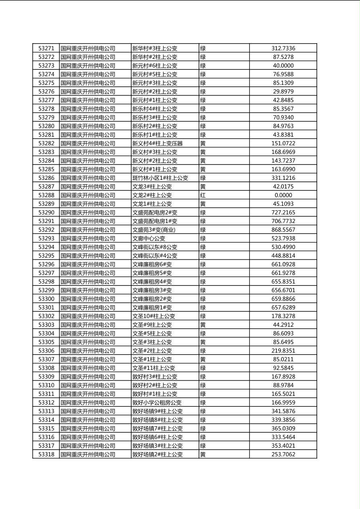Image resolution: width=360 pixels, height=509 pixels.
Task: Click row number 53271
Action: pos(46,48)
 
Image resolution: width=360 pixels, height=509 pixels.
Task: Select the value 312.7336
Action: pos(283,48)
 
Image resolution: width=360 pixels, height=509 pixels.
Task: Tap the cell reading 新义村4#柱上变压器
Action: pos(157,144)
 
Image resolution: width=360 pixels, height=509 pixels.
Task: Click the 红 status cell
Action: pos(203,195)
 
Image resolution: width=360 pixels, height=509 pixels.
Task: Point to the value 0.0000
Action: pos(283,195)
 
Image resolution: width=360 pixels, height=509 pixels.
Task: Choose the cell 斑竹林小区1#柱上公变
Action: pos(160,178)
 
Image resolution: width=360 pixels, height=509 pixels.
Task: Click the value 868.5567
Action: pos(283,230)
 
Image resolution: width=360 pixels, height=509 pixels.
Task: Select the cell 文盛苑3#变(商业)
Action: pos(154,230)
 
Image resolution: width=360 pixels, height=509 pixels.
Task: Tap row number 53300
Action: pos(46,299)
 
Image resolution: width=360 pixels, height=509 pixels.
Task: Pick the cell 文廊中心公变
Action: pos(149,238)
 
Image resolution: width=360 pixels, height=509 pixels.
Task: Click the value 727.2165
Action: pos(283,213)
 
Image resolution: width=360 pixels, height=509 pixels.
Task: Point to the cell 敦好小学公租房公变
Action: pos(157,403)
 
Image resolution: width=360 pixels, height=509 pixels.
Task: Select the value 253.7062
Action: pos(283,455)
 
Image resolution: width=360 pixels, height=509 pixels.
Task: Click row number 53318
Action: pos(46,455)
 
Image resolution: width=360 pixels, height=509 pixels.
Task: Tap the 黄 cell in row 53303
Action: pos(203,325)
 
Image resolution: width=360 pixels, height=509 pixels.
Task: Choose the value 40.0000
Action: pos(283,66)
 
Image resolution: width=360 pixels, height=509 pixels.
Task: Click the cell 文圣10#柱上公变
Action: pos(154,316)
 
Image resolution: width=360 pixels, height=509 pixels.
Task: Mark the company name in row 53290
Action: pos(88,213)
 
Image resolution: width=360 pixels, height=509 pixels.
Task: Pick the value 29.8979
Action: pos(283,92)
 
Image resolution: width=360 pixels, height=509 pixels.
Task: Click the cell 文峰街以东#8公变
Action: pos(155,247)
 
